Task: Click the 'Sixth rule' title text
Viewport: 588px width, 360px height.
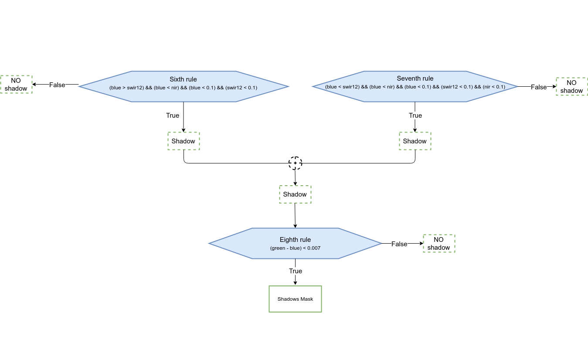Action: [183, 79]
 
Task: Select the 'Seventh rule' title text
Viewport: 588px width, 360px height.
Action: [415, 78]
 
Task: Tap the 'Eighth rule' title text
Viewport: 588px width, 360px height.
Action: [295, 240]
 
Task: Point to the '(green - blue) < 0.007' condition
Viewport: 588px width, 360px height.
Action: [295, 248]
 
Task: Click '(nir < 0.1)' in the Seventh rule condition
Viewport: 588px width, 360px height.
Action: [494, 87]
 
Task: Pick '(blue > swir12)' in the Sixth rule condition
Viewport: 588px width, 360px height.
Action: [126, 88]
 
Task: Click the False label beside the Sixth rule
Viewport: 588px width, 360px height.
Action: [57, 85]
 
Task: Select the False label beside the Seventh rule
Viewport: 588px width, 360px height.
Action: [539, 87]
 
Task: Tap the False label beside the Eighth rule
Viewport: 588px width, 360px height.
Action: [399, 244]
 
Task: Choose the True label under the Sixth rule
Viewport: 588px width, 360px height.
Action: [173, 115]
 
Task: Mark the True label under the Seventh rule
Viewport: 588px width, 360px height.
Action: [415, 115]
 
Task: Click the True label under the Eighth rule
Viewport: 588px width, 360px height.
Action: [296, 271]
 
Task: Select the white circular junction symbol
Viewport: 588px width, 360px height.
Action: [296, 163]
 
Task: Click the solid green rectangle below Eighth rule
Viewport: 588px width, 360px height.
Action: [295, 299]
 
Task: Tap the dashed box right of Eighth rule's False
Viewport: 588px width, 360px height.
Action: [439, 243]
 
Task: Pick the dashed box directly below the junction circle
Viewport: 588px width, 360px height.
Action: [295, 194]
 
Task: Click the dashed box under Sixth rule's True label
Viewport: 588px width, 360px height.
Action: [184, 141]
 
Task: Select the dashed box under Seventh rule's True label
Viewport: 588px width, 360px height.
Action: [415, 141]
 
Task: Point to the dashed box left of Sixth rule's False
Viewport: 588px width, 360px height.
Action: [16, 84]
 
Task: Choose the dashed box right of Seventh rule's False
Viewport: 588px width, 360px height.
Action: [572, 86]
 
